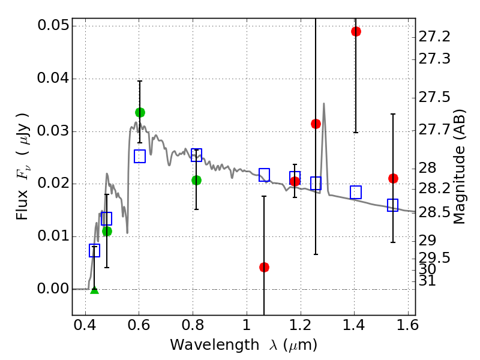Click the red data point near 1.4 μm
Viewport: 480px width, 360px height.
click(356, 31)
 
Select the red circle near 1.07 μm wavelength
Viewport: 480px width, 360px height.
click(264, 267)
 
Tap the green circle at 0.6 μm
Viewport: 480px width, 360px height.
click(140, 112)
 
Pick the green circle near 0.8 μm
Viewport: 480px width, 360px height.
click(196, 180)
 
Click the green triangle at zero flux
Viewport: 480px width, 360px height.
click(94, 290)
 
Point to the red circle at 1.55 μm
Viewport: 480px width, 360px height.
click(393, 178)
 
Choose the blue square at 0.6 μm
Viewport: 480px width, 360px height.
click(140, 157)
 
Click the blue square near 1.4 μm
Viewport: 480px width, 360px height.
click(356, 192)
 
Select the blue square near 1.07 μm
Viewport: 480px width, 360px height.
click(264, 175)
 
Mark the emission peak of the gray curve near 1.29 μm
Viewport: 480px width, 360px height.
click(324, 104)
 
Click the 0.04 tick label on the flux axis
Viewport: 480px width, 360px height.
click(52, 79)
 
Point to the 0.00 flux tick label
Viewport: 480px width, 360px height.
click(52, 289)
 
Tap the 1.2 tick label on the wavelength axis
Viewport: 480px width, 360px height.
click(300, 328)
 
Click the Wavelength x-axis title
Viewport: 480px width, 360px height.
click(244, 345)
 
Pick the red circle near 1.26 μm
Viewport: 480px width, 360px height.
click(316, 124)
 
